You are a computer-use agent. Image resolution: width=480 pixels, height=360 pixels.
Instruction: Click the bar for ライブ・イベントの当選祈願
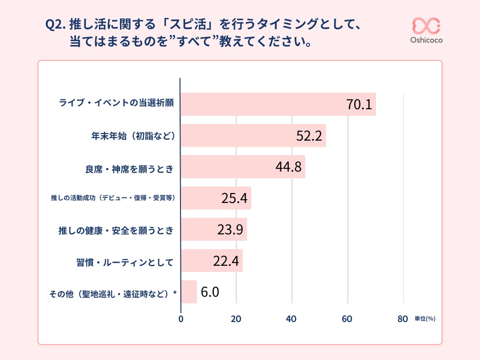point(278,104)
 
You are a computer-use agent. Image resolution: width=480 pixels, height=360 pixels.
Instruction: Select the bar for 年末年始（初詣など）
point(253,135)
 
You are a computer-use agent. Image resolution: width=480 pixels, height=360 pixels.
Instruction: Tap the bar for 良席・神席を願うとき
point(243,167)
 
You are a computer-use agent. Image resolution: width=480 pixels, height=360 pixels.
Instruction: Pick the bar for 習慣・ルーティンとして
point(211,261)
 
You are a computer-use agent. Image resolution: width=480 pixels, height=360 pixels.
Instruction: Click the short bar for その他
point(189,292)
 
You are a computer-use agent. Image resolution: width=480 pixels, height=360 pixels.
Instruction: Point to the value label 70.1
point(359,105)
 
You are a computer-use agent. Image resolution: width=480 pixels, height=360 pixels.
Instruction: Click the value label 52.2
point(309,136)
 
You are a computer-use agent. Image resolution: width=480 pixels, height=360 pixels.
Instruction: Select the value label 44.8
point(288,167)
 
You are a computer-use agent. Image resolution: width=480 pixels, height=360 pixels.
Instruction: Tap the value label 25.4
point(234,199)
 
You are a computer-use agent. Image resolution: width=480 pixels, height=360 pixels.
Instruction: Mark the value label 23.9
point(230,230)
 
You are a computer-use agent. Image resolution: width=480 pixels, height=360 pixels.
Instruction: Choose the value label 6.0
point(210,292)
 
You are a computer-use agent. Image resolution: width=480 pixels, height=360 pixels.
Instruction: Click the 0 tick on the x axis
point(181,319)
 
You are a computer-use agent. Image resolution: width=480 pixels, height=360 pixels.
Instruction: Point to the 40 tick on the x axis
point(292,319)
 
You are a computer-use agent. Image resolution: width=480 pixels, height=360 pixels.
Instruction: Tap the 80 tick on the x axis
point(403,319)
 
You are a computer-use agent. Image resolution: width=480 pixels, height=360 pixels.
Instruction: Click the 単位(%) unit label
point(425,319)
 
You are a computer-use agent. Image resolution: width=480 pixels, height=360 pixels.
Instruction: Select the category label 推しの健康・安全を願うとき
point(116,230)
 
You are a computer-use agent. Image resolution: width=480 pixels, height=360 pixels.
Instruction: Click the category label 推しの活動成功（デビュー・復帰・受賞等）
point(113,198)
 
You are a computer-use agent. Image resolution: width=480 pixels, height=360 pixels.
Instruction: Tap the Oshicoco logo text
point(426,40)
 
